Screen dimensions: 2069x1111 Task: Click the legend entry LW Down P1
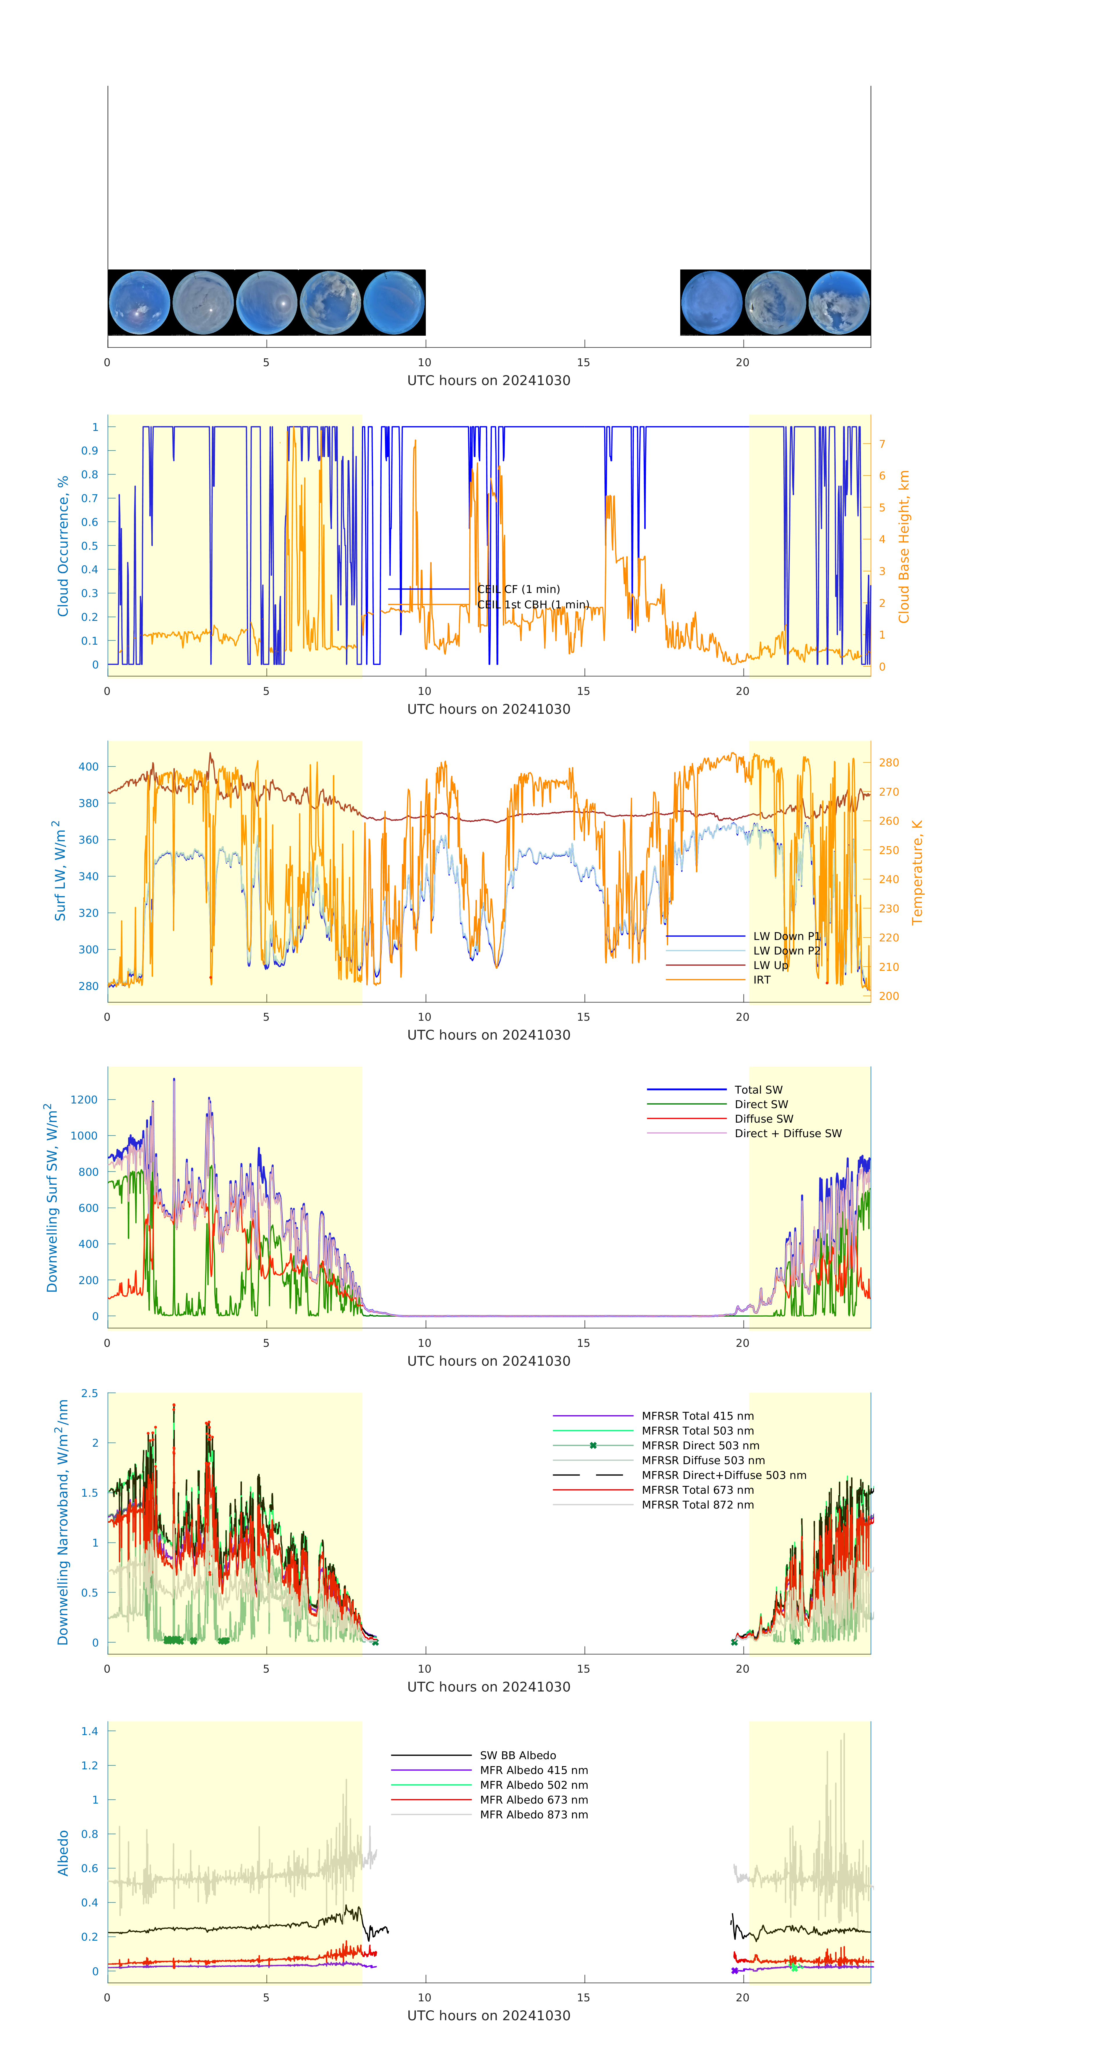click(786, 936)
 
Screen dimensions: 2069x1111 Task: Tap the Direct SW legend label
click(761, 1104)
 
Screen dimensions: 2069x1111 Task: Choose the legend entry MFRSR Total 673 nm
click(697, 1490)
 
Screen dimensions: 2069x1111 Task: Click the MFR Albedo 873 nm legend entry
click(533, 1814)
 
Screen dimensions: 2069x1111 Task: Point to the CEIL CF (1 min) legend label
click(518, 589)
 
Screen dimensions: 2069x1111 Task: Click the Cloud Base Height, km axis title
click(904, 546)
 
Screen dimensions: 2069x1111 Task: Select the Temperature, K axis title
click(917, 871)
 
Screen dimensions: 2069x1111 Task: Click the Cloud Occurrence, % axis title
click(63, 546)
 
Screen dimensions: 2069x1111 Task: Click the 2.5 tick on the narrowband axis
click(89, 1394)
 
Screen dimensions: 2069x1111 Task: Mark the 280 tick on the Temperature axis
click(889, 762)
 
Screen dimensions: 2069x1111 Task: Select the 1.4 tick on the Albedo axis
click(89, 1731)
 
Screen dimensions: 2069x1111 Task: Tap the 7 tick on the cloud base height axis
click(882, 443)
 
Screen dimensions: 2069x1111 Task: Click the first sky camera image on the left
click(139, 303)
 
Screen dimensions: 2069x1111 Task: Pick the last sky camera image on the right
click(839, 303)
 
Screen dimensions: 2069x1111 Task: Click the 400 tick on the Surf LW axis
click(88, 766)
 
